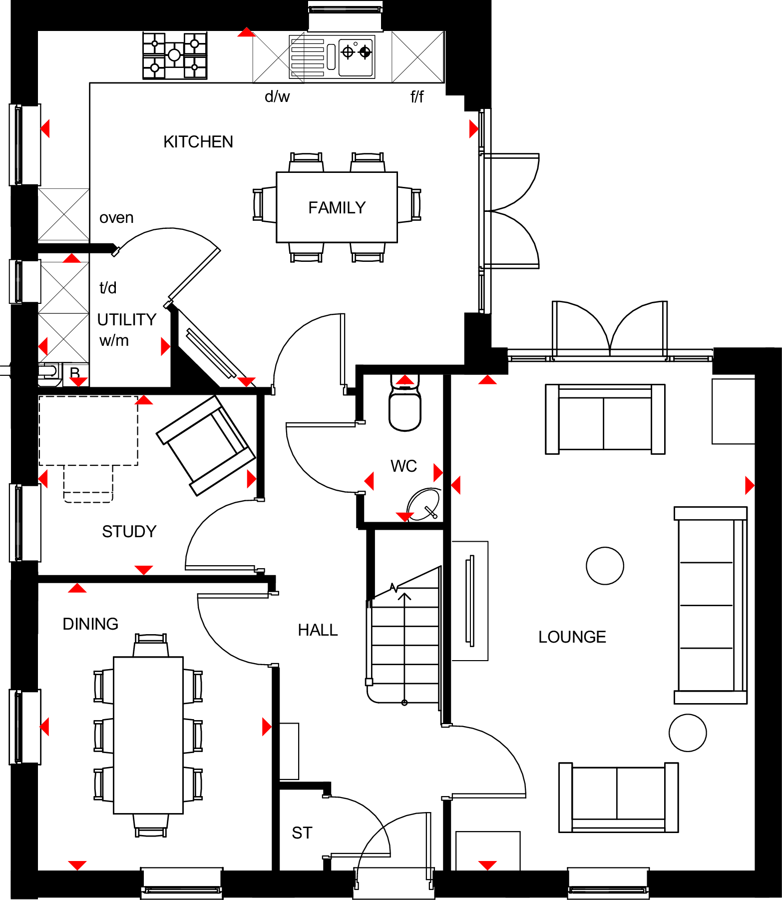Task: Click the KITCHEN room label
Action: click(x=198, y=142)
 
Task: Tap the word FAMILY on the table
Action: click(x=337, y=208)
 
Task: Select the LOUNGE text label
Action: click(x=572, y=637)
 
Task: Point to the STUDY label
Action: click(x=129, y=532)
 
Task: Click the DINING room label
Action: click(x=90, y=624)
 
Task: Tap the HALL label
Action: click(x=318, y=630)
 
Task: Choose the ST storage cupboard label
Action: click(x=302, y=833)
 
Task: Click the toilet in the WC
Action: click(x=405, y=407)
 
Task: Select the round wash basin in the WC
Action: click(x=423, y=504)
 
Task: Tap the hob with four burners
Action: click(x=175, y=55)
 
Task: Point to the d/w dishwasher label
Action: click(x=277, y=96)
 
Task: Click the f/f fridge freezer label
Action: click(x=417, y=96)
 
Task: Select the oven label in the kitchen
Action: click(x=116, y=218)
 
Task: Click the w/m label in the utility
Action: click(x=114, y=341)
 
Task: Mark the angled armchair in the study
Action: click(x=206, y=445)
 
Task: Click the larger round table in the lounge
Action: click(x=605, y=566)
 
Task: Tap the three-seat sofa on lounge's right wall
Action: click(x=710, y=605)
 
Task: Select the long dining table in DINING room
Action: click(x=148, y=735)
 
